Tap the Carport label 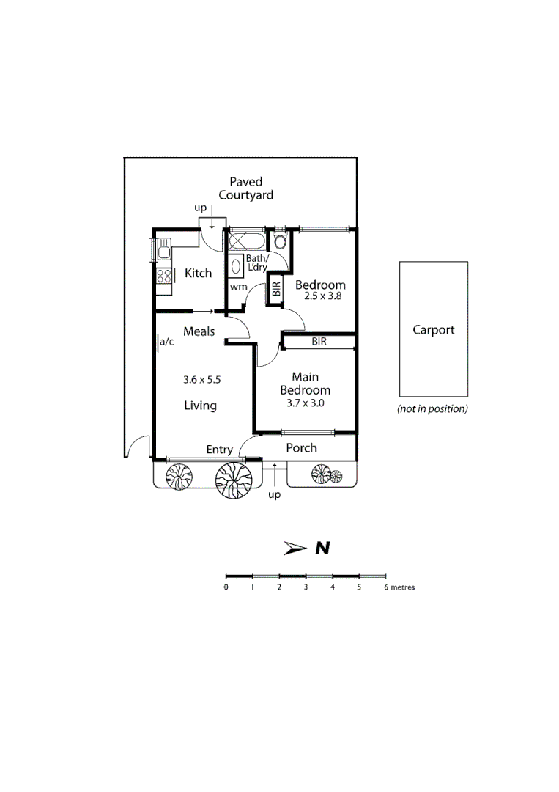pos(433,330)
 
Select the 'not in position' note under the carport pos(432,409)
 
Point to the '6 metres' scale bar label pos(399,587)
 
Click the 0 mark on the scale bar pos(226,587)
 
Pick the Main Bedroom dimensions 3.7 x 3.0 pos(306,403)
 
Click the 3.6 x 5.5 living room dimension pos(201,380)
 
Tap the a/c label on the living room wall pos(167,341)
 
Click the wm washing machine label pos(238,287)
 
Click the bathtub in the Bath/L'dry pos(248,241)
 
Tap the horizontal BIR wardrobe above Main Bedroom pos(319,342)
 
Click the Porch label pos(301,448)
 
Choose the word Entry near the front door pos(219,450)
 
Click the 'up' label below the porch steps pos(275,495)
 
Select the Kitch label pos(198,274)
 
